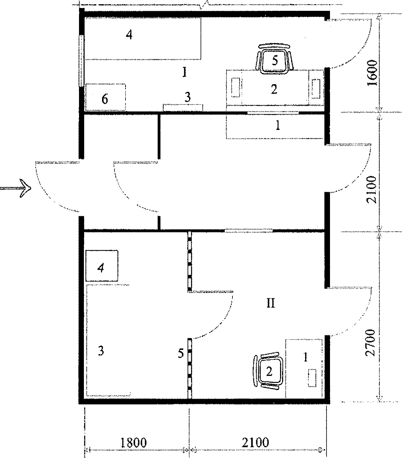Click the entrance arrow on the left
[x=15, y=188]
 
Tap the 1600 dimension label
[x=373, y=73]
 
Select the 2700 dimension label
[x=371, y=343]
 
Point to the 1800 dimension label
[x=134, y=443]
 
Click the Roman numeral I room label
[x=185, y=73]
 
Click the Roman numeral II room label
[x=271, y=303]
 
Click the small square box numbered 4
[x=102, y=266]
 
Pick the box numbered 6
[x=106, y=97]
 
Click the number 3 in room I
[x=188, y=97]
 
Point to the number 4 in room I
[x=129, y=35]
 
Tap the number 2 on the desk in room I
[x=274, y=89]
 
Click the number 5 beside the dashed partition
[x=180, y=353]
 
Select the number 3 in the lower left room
[x=101, y=351]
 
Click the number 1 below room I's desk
[x=278, y=125]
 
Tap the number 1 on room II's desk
[x=306, y=357]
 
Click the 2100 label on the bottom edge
[x=256, y=443]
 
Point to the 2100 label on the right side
[x=372, y=190]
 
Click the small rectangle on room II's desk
[x=312, y=378]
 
